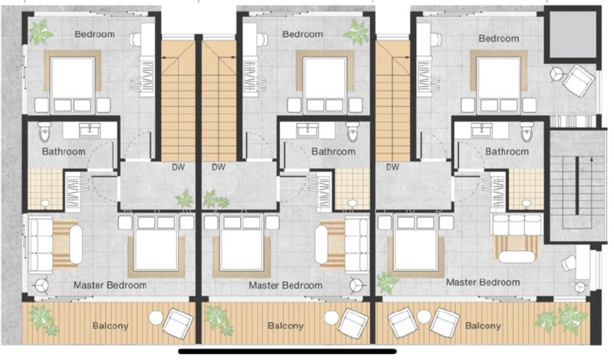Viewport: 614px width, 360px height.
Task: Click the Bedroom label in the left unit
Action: [x=94, y=35]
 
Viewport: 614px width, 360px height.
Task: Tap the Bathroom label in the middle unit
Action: [x=333, y=151]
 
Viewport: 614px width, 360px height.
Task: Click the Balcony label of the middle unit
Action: [x=286, y=325]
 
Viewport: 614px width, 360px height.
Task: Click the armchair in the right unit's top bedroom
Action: [x=575, y=77]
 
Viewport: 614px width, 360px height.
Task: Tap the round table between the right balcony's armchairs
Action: [x=423, y=316]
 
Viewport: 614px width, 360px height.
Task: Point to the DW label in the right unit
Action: [x=392, y=167]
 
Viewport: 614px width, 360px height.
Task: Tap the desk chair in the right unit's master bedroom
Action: [x=569, y=263]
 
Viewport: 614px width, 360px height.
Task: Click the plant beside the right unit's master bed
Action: [x=387, y=282]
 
